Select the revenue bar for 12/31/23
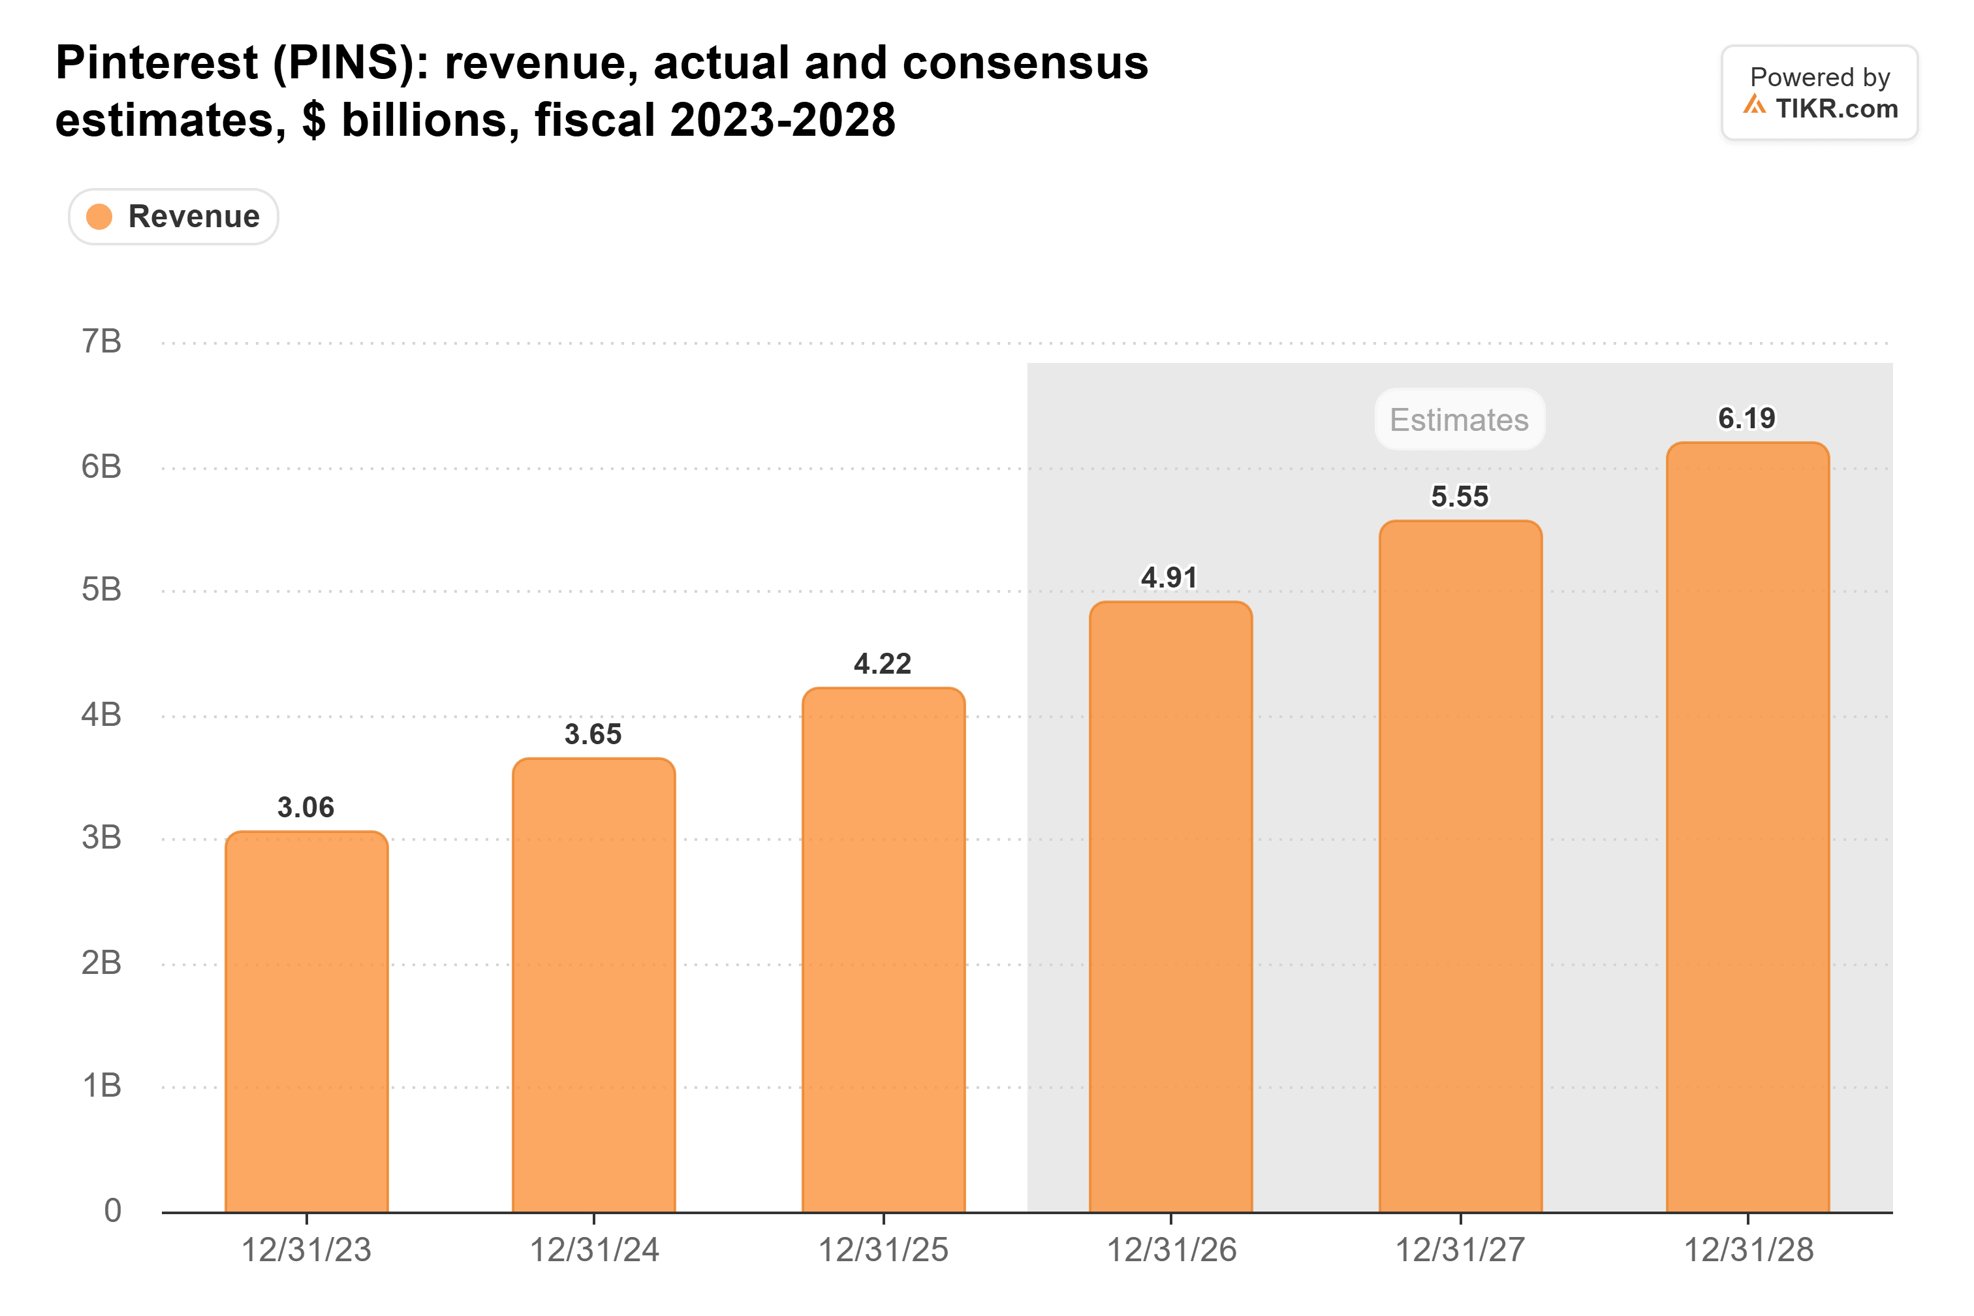(306, 1022)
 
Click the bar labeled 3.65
(593, 985)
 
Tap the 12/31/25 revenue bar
(883, 950)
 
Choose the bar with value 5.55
(1460, 866)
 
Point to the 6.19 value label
(1747, 418)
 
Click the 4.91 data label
(1169, 578)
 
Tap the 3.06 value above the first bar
(305, 807)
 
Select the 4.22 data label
(882, 664)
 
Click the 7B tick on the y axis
(102, 341)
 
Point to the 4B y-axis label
(102, 715)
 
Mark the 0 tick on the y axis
(112, 1210)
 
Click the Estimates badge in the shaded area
(1460, 419)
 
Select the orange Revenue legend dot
(99, 217)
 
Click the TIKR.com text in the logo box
(1836, 108)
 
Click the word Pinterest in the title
(157, 63)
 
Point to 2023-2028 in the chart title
(782, 120)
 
